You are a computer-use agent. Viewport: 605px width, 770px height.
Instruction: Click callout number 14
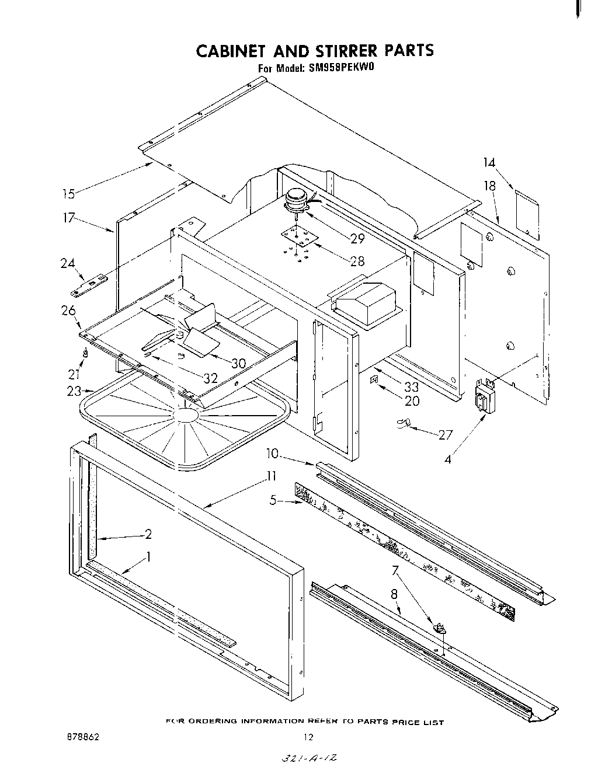tap(489, 163)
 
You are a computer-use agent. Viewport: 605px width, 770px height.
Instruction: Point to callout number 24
tap(68, 263)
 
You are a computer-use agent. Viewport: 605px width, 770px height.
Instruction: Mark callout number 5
tap(273, 500)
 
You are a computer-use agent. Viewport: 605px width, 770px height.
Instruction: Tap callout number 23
tap(74, 392)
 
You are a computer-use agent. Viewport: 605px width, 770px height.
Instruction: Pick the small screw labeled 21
tap(86, 353)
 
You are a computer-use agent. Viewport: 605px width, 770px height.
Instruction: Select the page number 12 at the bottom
tap(309, 737)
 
